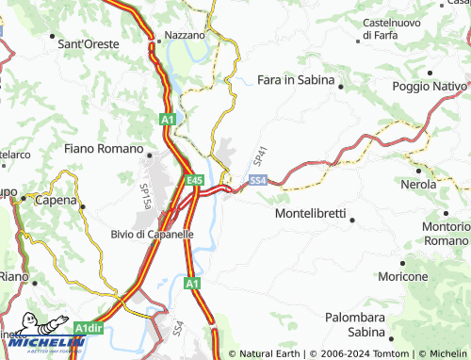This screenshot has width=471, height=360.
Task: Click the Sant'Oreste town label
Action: coord(89,43)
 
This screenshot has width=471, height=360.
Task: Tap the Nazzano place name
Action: coord(184,35)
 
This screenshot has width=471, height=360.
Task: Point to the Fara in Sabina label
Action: coord(296,80)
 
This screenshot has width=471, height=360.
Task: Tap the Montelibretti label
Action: coord(312,214)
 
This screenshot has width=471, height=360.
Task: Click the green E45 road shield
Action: coord(194,179)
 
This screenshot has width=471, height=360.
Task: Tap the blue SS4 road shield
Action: coord(258,179)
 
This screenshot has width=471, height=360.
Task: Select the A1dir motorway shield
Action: coord(89,328)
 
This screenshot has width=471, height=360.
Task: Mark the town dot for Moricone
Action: coord(402,263)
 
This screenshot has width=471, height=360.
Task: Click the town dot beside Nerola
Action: coord(417,170)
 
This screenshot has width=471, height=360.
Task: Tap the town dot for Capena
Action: coord(82,205)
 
